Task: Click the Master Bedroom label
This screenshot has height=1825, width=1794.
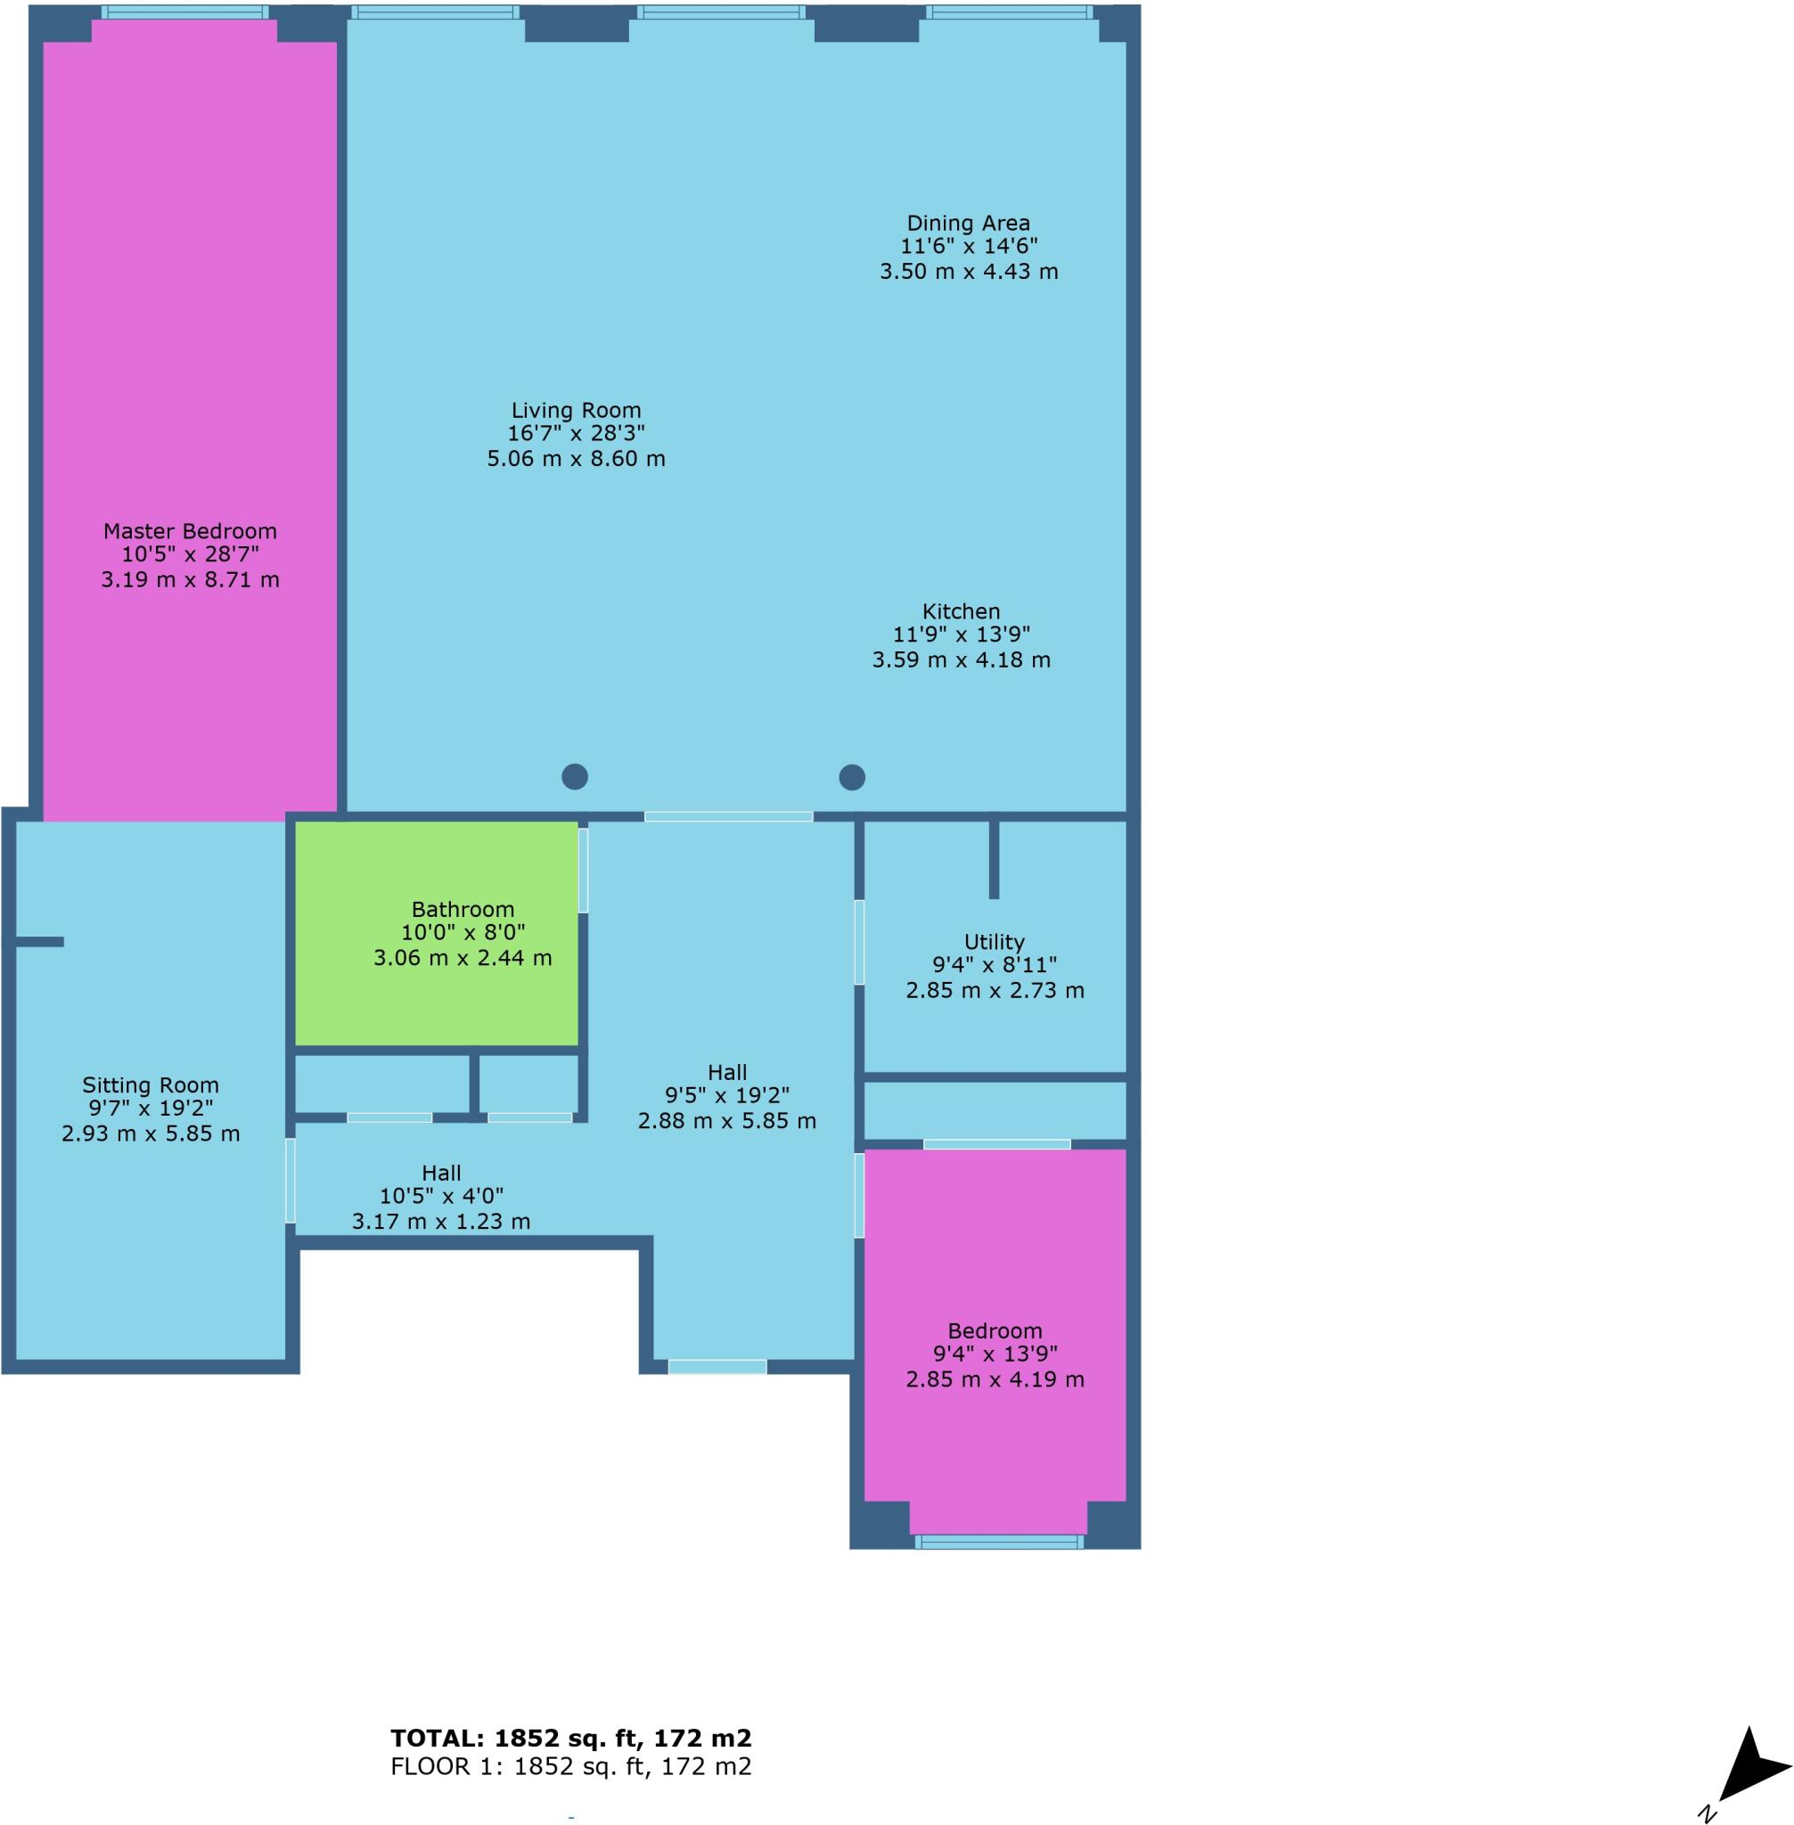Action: pyautogui.click(x=190, y=530)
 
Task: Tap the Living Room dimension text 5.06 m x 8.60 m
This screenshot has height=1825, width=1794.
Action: pyautogui.click(x=576, y=459)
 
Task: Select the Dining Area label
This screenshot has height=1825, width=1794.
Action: pyautogui.click(x=968, y=224)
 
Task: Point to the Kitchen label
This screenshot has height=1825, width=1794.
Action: pyautogui.click(x=960, y=611)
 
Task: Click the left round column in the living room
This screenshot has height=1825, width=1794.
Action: pyautogui.click(x=575, y=776)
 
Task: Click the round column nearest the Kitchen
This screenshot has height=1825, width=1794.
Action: pyautogui.click(x=852, y=777)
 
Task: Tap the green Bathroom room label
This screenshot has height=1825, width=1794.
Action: pyautogui.click(x=463, y=909)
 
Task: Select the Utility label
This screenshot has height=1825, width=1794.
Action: pyautogui.click(x=994, y=942)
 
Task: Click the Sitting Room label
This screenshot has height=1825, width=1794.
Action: pyautogui.click(x=150, y=1085)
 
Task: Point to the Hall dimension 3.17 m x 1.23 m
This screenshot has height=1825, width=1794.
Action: pyautogui.click(x=441, y=1222)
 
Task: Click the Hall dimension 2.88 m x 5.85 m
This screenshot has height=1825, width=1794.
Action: pyautogui.click(x=726, y=1121)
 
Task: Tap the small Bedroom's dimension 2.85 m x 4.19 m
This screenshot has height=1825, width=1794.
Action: pyautogui.click(x=995, y=1379)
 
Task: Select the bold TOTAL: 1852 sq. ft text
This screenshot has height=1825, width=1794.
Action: pyautogui.click(x=571, y=1738)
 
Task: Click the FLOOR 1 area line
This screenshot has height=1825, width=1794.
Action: pyautogui.click(x=571, y=1765)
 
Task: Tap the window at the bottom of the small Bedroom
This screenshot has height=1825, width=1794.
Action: pyautogui.click(x=999, y=1543)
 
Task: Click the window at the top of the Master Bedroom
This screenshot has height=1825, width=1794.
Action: pyautogui.click(x=184, y=12)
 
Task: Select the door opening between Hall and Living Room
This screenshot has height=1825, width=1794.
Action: pyautogui.click(x=728, y=816)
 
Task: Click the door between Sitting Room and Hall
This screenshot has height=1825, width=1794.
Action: pyautogui.click(x=291, y=1181)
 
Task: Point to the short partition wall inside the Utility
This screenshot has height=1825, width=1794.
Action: pyautogui.click(x=994, y=858)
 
